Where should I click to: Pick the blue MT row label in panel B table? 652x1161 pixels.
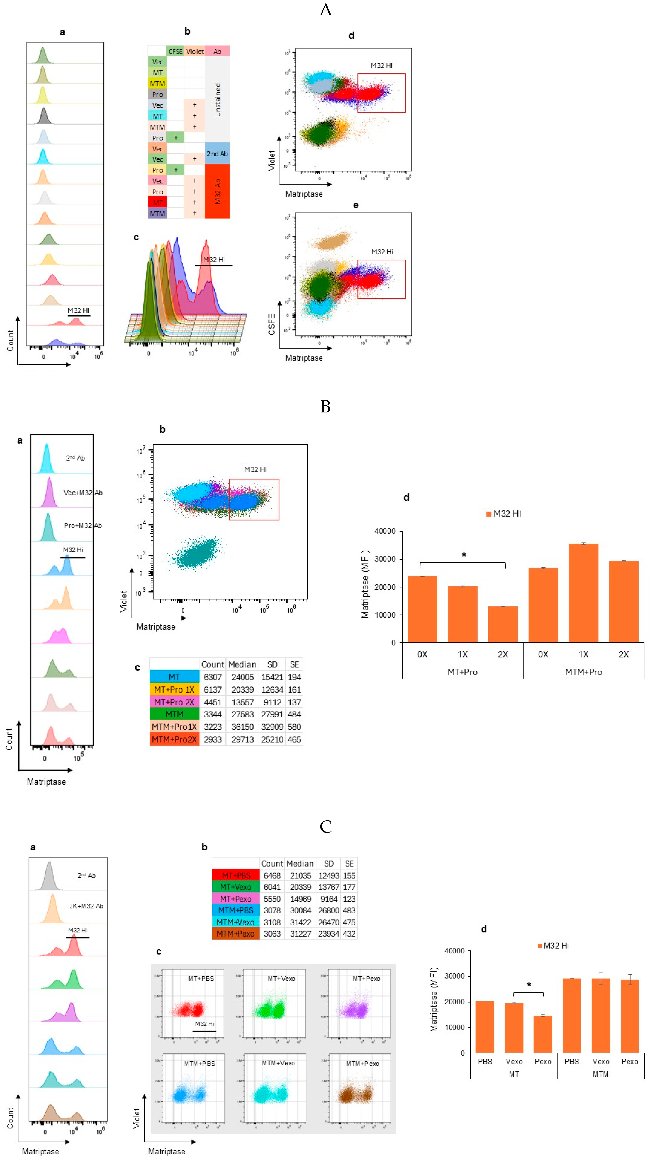click(174, 677)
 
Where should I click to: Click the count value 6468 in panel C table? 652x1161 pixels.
click(272, 875)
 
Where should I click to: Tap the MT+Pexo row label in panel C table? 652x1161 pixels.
click(236, 899)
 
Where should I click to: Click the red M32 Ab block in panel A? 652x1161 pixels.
click(218, 192)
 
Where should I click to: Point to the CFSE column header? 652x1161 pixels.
click(175, 51)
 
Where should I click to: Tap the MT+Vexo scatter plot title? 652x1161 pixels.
click(281, 979)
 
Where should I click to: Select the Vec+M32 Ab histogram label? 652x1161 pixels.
click(83, 493)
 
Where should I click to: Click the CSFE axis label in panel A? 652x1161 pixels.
click(272, 325)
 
